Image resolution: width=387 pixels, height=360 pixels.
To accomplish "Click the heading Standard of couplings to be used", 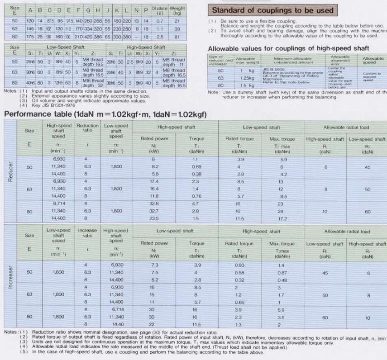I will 273,10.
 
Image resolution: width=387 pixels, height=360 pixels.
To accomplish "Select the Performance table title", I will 105,114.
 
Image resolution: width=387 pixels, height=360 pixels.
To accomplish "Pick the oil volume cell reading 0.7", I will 159,21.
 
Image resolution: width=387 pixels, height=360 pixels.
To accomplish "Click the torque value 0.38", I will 196,174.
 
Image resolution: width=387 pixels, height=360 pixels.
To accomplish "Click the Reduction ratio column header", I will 87,128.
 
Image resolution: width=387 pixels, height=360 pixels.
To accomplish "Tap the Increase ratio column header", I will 87,232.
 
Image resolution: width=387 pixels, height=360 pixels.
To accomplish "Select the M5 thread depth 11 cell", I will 174,62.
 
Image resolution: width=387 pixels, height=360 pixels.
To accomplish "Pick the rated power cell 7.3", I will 155,265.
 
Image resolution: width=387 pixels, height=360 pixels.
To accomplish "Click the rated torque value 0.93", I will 239,265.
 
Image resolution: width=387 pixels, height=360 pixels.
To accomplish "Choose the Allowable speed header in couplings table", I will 373,60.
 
